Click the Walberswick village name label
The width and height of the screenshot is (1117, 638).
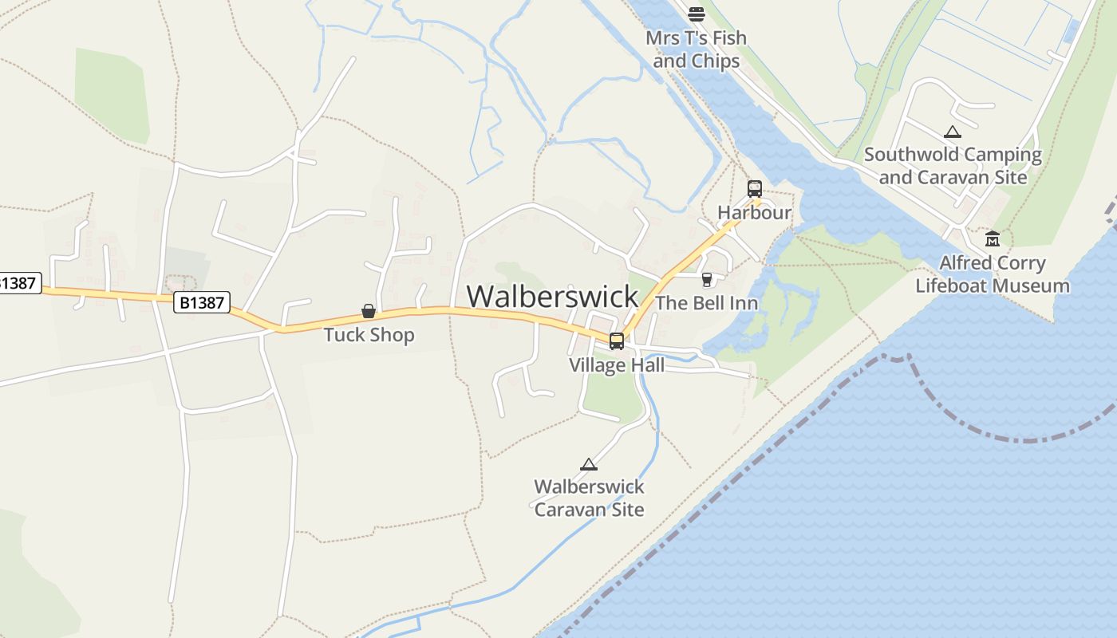[x=552, y=296]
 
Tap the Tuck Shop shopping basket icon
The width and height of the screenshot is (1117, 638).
[x=369, y=311]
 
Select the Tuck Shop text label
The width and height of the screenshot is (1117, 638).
[x=369, y=334]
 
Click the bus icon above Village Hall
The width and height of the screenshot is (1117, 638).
[x=617, y=341]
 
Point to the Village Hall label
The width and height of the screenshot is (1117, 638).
[x=616, y=365]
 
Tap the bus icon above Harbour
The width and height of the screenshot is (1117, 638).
[x=755, y=189]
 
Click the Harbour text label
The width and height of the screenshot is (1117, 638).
[x=754, y=212]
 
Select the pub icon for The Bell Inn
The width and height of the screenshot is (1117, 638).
[x=706, y=280]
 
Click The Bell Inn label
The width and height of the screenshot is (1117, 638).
[x=706, y=303]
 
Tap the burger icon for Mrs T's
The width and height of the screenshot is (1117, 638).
[x=697, y=14]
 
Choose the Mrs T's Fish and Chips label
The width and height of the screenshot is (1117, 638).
[x=697, y=49]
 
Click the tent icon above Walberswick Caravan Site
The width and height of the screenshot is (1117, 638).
[x=589, y=464]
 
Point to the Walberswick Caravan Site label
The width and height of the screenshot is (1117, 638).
[x=589, y=498]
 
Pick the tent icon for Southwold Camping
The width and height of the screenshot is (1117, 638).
[x=952, y=132]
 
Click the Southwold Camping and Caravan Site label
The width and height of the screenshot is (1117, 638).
[x=953, y=166]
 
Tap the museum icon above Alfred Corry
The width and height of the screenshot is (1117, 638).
[x=993, y=238]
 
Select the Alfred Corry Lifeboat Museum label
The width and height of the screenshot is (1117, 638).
[x=993, y=274]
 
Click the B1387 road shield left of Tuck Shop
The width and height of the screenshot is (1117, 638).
[x=202, y=302]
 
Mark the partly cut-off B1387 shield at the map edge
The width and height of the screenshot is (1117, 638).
[x=18, y=283]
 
